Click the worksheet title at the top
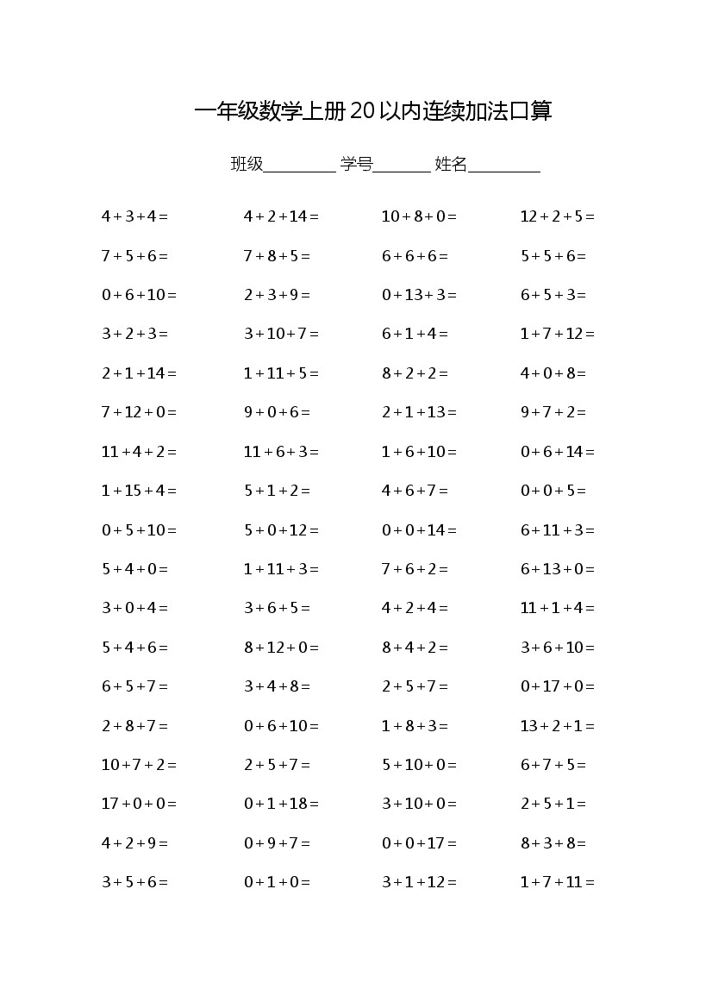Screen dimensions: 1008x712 pos(372,111)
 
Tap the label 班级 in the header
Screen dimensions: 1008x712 pos(247,164)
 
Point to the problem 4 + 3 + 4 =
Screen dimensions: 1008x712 pos(134,216)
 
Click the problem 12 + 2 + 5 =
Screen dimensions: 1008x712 pos(557,216)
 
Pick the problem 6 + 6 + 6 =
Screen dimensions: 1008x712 pos(415,256)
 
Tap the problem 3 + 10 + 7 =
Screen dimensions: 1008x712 pos(281,334)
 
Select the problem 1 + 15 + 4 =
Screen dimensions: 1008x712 pos(139,491)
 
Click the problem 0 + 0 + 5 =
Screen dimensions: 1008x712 pos(553,491)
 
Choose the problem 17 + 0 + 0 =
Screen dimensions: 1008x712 pos(139,804)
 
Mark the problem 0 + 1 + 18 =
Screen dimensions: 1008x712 pos(281,804)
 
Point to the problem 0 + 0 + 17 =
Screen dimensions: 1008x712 pos(419,843)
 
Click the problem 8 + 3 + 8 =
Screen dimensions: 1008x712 pos(553,843)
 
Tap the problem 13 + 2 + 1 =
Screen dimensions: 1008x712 pos(557,726)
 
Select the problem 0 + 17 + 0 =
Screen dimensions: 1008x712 pos(557,686)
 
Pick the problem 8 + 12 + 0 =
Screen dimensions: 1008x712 pos(281,648)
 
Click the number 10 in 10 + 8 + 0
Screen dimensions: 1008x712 pos(390,216)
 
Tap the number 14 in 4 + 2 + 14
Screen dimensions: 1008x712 pos(298,216)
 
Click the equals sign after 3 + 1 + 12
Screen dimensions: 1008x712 pos(453,882)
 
